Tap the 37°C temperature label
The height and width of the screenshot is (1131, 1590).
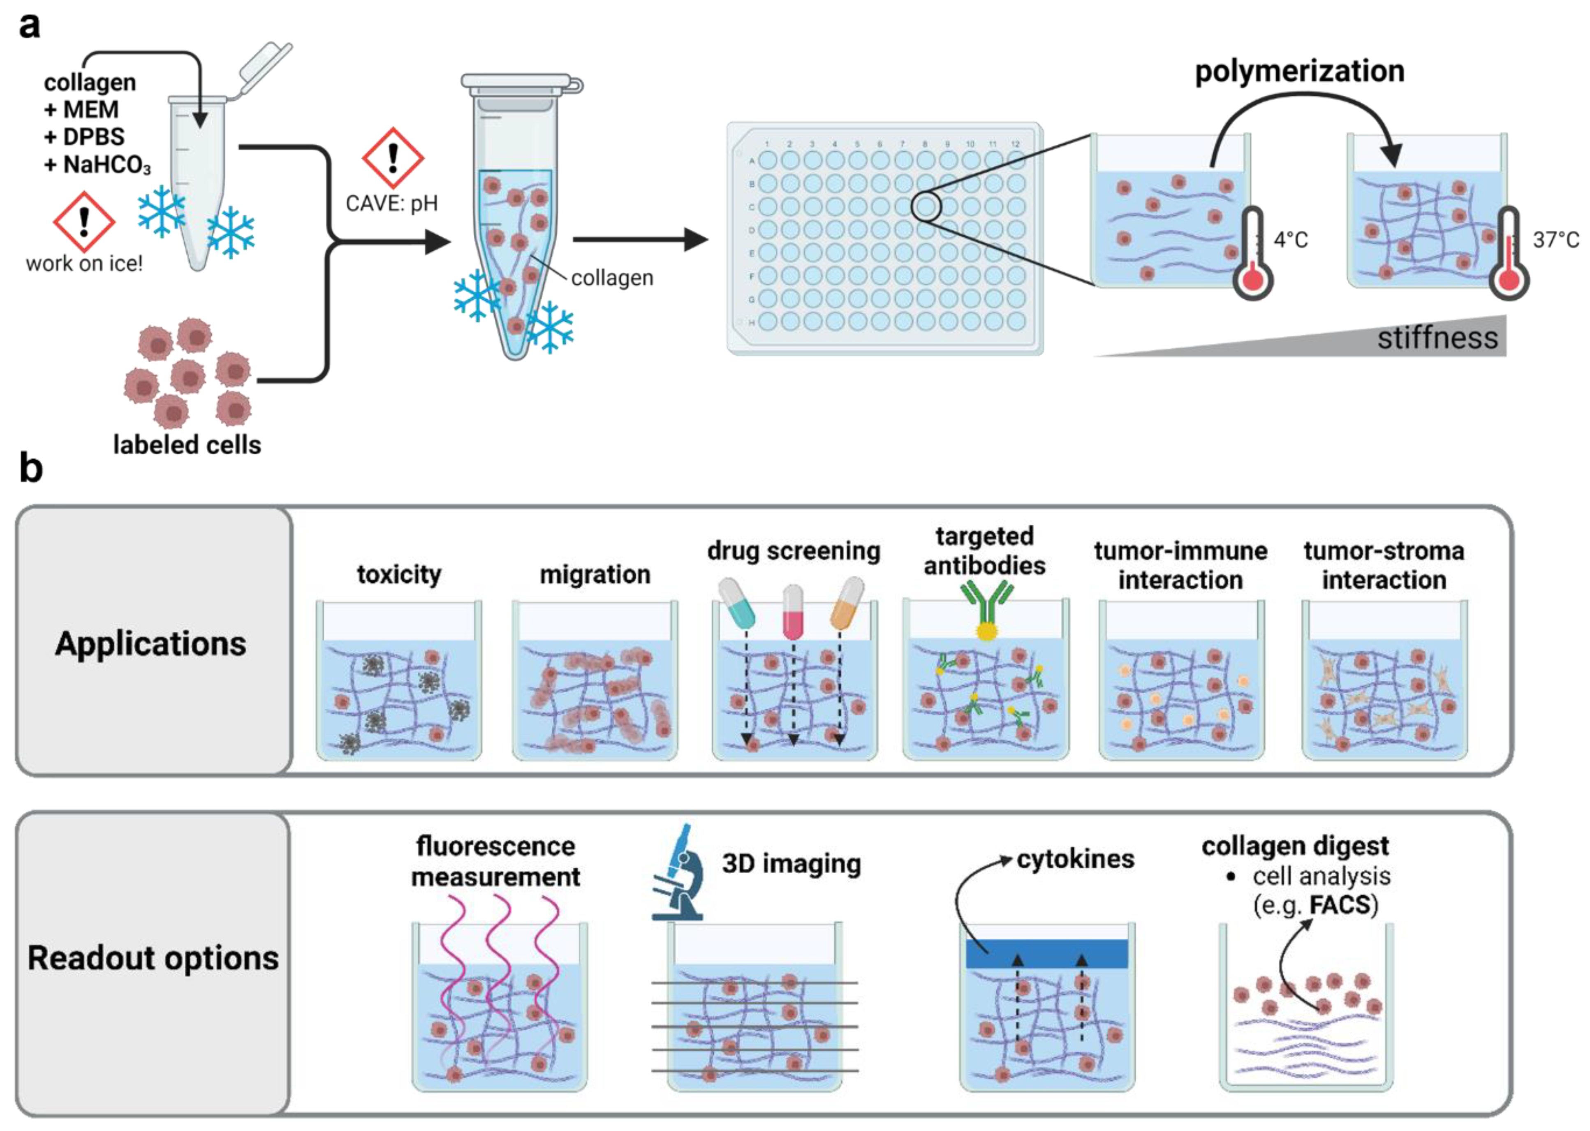[1555, 240]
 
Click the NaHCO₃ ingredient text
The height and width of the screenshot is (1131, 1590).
[97, 165]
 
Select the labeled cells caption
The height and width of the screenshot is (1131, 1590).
[187, 445]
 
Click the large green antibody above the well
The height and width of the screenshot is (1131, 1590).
[986, 606]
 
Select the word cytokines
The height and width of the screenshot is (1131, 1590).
[1075, 859]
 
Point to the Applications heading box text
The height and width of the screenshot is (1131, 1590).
[150, 643]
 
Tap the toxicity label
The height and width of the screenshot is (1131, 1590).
[399, 575]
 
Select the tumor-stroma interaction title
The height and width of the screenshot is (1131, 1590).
[1384, 566]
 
